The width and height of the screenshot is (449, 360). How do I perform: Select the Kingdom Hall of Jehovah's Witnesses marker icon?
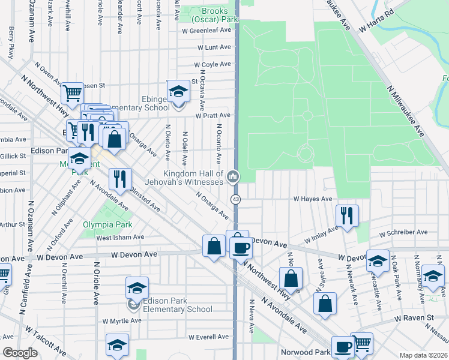tap(233, 176)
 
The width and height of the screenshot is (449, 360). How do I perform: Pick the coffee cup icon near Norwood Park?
tap(343, 346)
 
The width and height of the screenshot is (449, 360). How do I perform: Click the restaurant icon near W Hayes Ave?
tap(347, 215)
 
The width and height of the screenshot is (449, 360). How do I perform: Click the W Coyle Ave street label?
tap(212, 64)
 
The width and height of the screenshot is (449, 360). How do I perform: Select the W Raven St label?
tap(414, 317)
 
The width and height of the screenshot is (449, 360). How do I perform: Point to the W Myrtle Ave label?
tap(123, 320)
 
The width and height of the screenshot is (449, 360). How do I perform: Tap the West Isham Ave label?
tap(120, 237)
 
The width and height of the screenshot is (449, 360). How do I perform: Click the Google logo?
tap(20, 353)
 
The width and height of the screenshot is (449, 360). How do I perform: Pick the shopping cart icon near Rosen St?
tap(71, 93)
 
